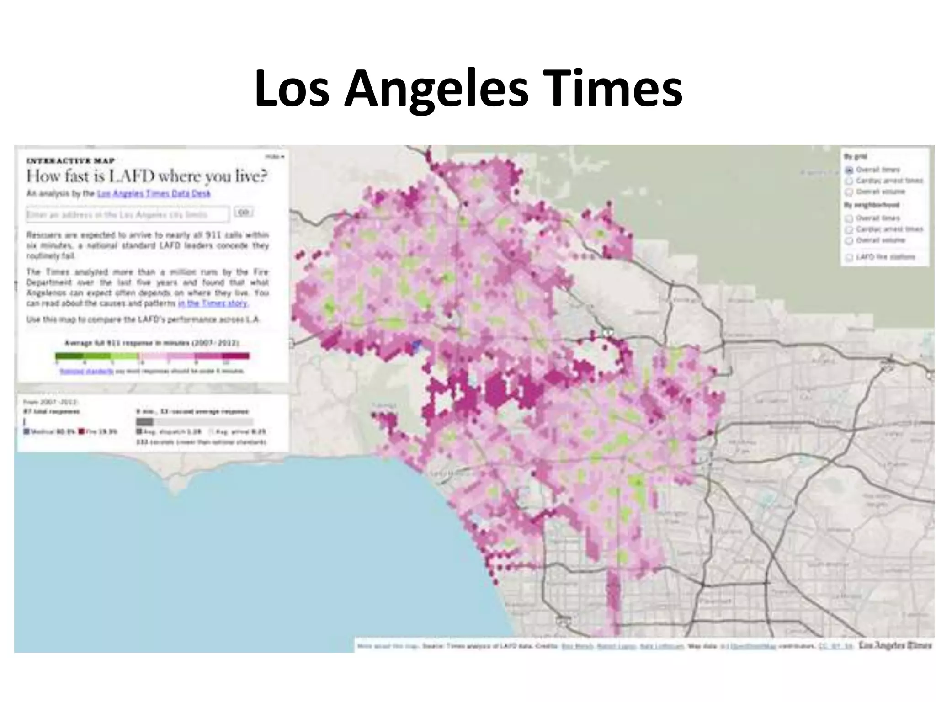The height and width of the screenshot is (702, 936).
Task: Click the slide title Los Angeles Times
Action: point(468,88)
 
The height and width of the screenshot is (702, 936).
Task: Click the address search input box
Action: point(128,214)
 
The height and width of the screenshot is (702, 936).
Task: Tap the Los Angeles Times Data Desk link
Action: point(154,193)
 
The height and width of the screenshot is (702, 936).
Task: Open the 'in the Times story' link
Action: point(213,303)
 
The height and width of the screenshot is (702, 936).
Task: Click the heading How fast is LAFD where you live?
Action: point(147,176)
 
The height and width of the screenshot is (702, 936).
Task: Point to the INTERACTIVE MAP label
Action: point(70,160)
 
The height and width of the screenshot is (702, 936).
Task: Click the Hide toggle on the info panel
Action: point(275,157)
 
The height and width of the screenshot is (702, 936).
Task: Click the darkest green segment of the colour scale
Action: point(69,356)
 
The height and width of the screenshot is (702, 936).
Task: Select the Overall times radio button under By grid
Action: point(849,170)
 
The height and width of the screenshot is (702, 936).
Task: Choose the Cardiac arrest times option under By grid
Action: point(849,181)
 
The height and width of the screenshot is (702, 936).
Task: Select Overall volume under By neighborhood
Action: point(849,240)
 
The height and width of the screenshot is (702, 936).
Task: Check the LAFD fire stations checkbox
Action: point(849,257)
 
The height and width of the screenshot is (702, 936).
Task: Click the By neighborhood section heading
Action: point(871,205)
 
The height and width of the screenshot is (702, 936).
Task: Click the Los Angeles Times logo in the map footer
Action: point(895,645)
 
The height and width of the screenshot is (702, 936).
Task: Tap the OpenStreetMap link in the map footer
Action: point(750,646)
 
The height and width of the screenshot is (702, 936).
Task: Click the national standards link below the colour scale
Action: point(87,371)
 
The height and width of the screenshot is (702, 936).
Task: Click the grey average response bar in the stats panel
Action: point(145,421)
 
